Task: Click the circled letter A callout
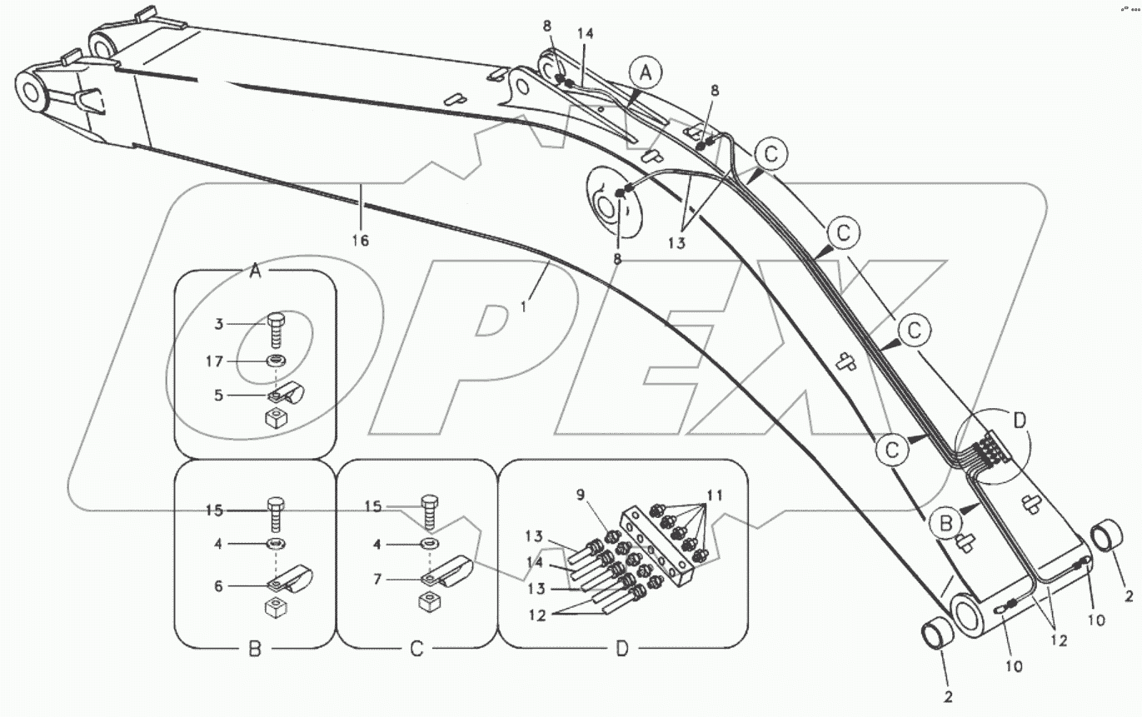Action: (646, 73)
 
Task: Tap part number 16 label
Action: (361, 241)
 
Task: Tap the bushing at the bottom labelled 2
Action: (937, 637)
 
